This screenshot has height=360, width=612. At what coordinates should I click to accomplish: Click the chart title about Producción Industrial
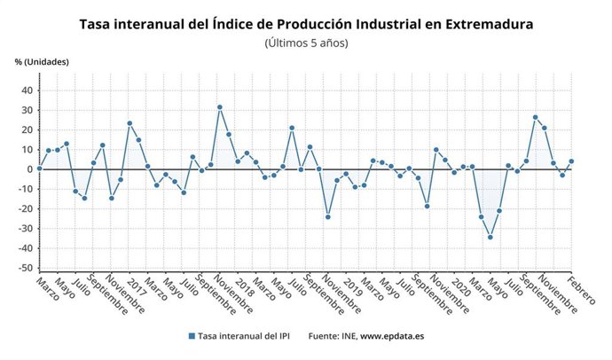coord(306,24)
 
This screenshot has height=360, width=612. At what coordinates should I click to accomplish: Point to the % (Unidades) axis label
coord(42,61)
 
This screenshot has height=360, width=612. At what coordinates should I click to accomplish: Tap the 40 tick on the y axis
coord(27,90)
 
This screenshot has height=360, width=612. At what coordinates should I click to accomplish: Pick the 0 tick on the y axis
coord(29,169)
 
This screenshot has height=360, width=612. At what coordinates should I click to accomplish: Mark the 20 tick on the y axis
coord(27,129)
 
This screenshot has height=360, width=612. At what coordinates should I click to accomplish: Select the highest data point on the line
coord(220,107)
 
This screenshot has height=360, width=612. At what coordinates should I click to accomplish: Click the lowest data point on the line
coord(490,237)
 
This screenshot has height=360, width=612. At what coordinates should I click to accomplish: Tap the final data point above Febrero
coord(572,161)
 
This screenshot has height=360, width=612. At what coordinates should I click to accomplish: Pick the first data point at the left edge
coord(39,168)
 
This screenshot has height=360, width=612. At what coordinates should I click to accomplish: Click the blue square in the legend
coord(192,337)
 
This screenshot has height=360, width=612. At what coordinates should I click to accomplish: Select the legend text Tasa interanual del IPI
coord(244,337)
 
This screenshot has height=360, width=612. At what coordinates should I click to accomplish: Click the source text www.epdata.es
coord(391,337)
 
